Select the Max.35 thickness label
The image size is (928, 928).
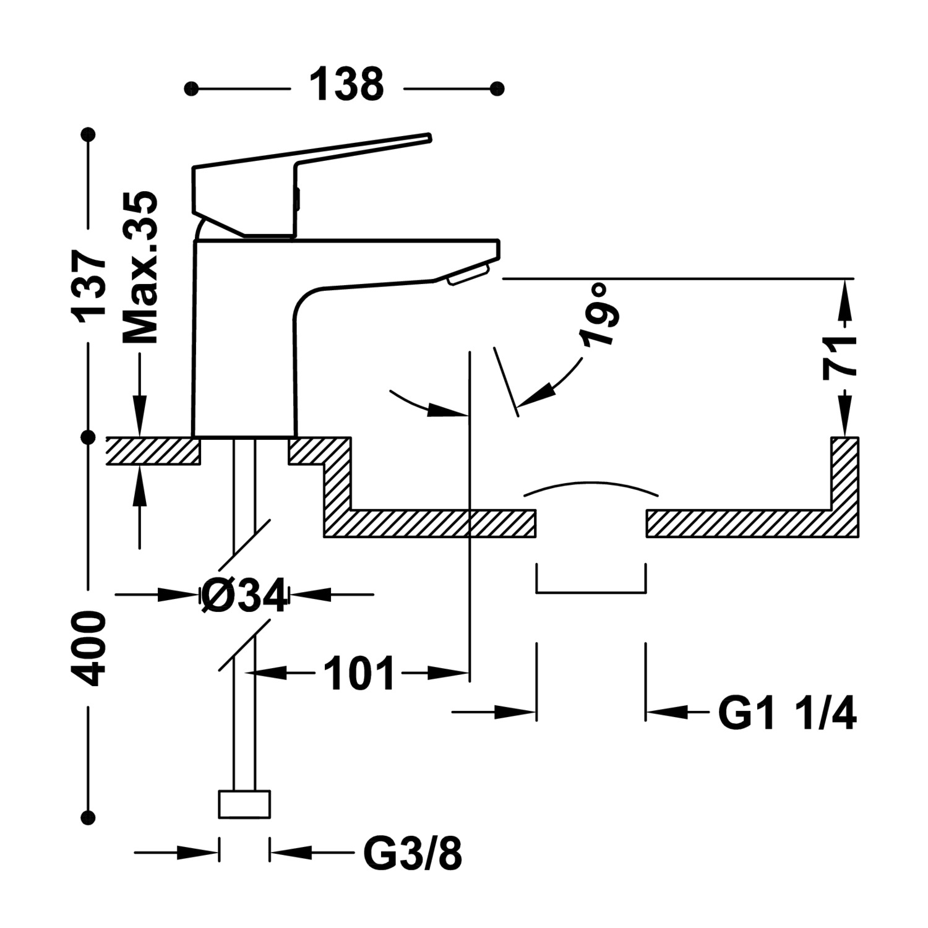pos(140,267)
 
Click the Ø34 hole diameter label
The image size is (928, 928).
pos(245,596)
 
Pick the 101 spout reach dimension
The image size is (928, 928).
pos(359,673)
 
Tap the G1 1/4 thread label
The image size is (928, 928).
pos(787,713)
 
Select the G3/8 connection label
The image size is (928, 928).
pos(412,854)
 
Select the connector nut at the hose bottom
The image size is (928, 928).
pos(245,804)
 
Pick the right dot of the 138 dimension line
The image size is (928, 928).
pos(497,88)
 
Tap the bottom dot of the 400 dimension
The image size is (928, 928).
pos(90,817)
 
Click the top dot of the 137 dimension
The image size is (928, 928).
pos(90,134)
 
